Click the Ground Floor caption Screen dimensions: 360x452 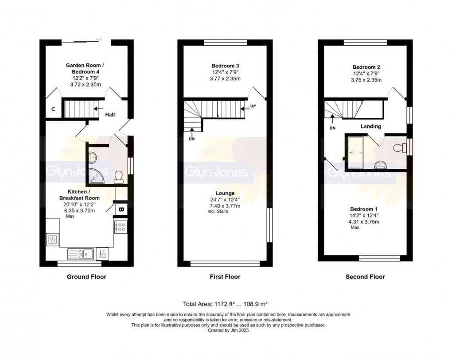[x=86, y=277]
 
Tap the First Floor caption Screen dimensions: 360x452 [x=225, y=277]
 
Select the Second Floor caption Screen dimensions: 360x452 [x=365, y=277]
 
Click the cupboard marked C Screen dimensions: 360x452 [x=53, y=109]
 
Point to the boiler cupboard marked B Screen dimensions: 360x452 [x=121, y=208]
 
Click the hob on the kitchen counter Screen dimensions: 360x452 [x=121, y=227]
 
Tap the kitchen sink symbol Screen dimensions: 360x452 [x=80, y=254]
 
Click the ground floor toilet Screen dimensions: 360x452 [x=118, y=177]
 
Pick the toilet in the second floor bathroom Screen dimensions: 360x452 [x=399, y=147]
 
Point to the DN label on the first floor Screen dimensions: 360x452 [x=192, y=138]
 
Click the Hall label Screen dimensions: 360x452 [x=110, y=115]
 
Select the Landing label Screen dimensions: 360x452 [x=370, y=126]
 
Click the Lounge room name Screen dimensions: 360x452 [x=225, y=193]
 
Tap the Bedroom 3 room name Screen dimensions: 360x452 [x=225, y=66]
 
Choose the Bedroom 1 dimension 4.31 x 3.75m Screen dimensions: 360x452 [x=365, y=222]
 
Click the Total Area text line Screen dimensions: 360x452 [x=225, y=304]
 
